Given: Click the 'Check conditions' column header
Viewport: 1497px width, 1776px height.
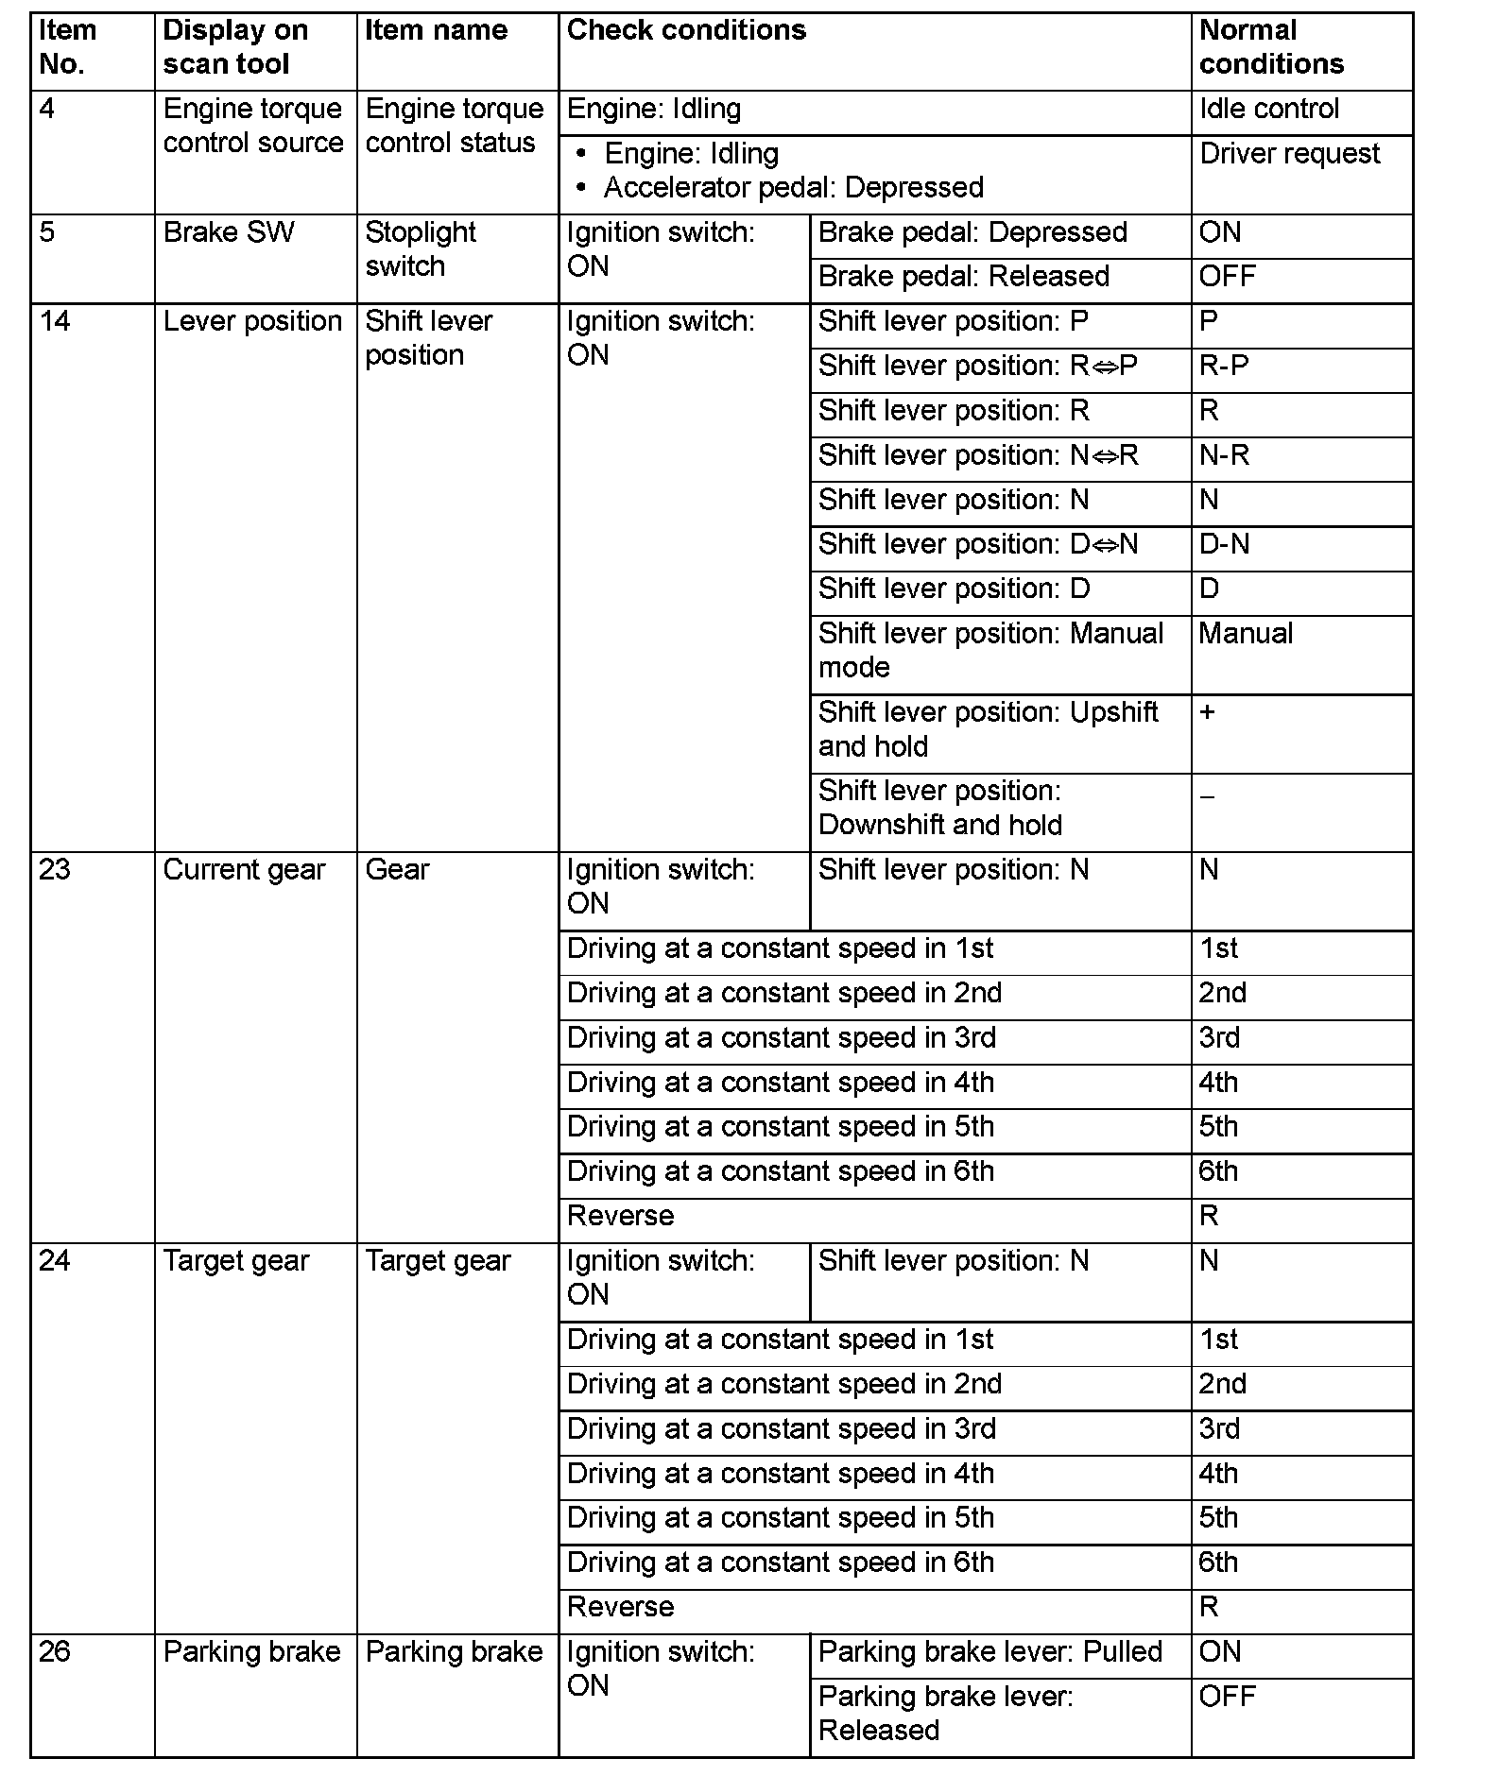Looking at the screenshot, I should (686, 31).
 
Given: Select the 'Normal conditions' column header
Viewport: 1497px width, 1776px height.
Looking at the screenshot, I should (1270, 47).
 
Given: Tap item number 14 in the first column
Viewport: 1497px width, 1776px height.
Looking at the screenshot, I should (55, 321).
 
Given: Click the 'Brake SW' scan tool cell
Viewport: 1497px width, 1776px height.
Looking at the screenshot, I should (228, 232).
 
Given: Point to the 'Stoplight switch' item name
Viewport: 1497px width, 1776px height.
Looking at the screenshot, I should (420, 249).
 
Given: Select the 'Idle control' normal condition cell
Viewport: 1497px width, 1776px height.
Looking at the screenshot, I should (1268, 110).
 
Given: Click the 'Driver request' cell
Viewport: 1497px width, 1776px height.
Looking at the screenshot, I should (1289, 154).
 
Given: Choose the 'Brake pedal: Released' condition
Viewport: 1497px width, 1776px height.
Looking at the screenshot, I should (963, 277).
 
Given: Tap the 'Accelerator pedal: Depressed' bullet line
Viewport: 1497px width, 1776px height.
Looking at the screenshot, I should (793, 188).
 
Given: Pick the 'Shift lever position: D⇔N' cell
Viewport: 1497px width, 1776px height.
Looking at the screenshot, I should (977, 544).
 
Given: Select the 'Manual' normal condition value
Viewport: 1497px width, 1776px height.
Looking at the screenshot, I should (1245, 634).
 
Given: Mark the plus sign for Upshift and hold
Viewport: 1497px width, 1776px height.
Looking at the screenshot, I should (1207, 712).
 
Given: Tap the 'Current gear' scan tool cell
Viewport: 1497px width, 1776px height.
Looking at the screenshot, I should (244, 870).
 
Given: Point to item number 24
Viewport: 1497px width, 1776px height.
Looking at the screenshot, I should (55, 1261).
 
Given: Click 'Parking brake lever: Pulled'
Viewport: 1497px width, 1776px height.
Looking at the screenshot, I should (989, 1652).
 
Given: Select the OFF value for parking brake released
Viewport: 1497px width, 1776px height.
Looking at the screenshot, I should (1227, 1697).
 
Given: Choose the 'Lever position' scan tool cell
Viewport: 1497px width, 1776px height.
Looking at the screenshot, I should (252, 321).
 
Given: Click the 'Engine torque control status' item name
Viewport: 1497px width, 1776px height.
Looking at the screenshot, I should (454, 126).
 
